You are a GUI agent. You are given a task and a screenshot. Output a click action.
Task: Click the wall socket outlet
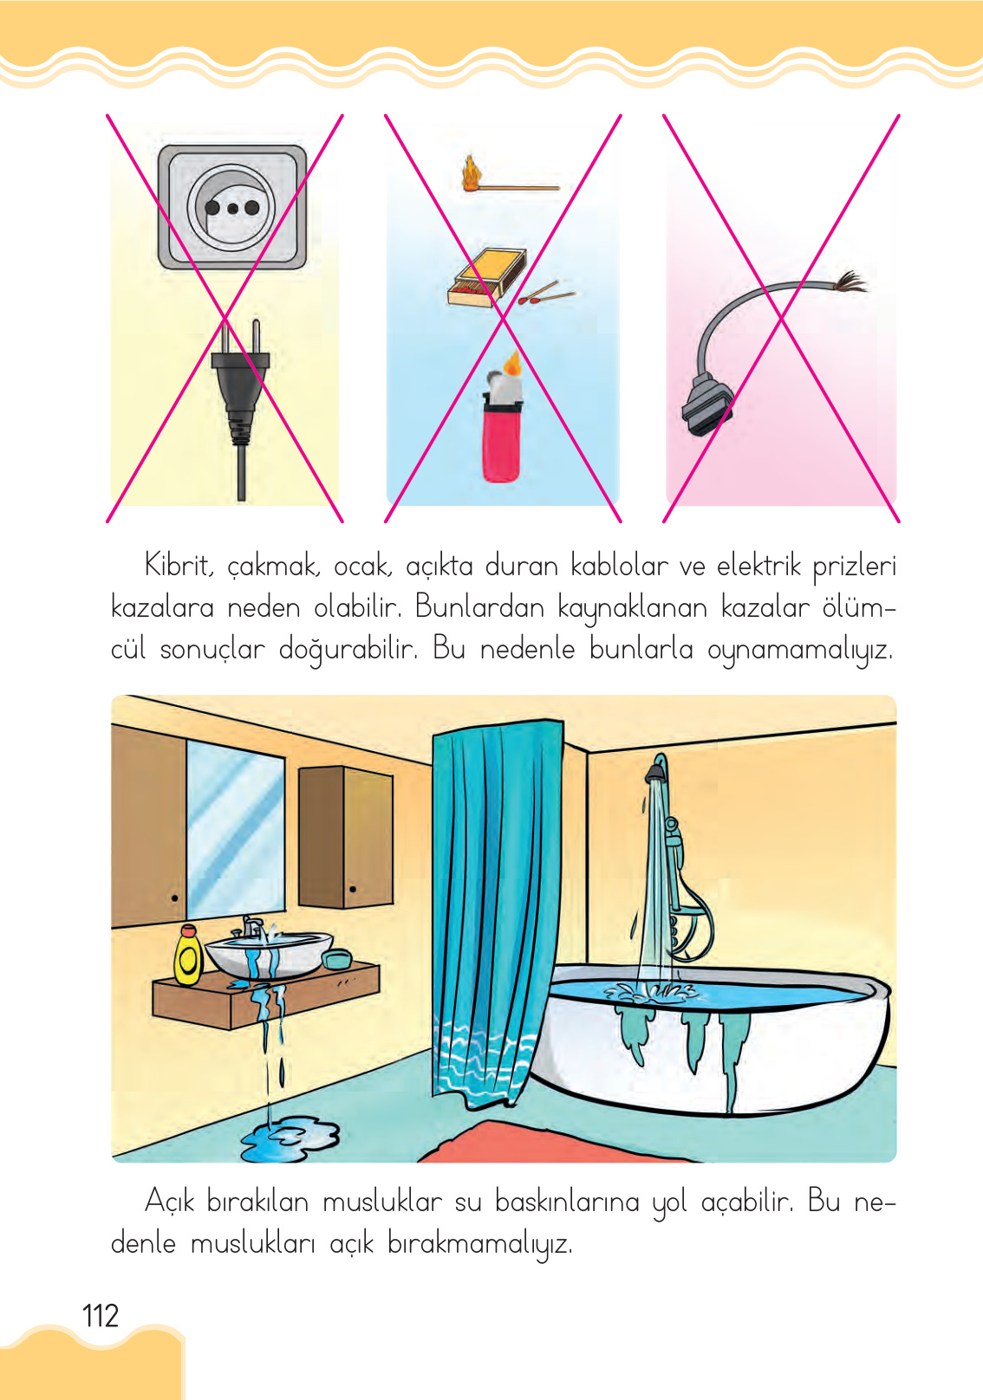(x=231, y=207)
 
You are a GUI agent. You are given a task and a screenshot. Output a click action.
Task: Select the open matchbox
(x=488, y=276)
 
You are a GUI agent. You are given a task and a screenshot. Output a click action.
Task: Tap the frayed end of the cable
(x=850, y=282)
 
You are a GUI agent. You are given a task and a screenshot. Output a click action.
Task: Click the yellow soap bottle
(x=188, y=956)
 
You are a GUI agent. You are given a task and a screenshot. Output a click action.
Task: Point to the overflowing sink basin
(x=268, y=954)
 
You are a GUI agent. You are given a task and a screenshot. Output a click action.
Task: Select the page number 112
(x=101, y=1316)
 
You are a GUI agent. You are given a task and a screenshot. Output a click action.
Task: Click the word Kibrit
(x=179, y=566)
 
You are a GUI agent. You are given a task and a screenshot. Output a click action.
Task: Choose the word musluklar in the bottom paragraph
(x=382, y=1202)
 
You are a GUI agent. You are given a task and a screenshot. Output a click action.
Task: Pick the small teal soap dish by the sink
(x=336, y=959)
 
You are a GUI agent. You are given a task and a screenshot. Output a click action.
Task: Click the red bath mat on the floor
(x=555, y=1144)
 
